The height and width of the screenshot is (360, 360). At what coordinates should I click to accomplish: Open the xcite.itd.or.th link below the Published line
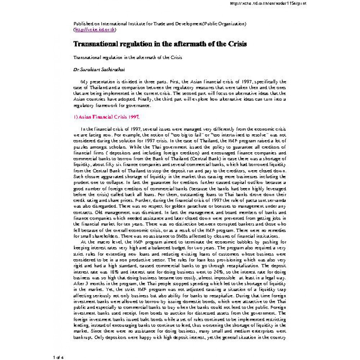[x=95, y=30]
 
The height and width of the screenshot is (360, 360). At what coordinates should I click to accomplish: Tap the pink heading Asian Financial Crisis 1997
[x=106, y=117]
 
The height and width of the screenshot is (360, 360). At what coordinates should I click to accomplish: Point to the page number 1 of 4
[x=58, y=357]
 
